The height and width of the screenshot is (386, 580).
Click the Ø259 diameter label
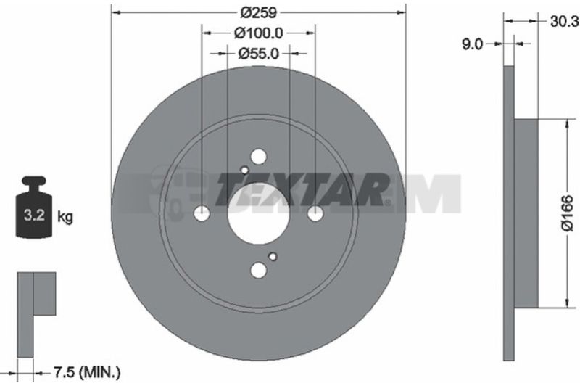259,13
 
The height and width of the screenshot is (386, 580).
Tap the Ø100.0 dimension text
259,33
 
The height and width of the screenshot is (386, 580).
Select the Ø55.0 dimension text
259,54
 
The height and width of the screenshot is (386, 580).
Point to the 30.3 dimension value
564,22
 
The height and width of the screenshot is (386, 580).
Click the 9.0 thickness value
473,44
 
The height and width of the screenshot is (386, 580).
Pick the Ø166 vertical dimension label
567,213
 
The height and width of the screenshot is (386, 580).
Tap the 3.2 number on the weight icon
34,215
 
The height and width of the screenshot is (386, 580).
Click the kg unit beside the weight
65,217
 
